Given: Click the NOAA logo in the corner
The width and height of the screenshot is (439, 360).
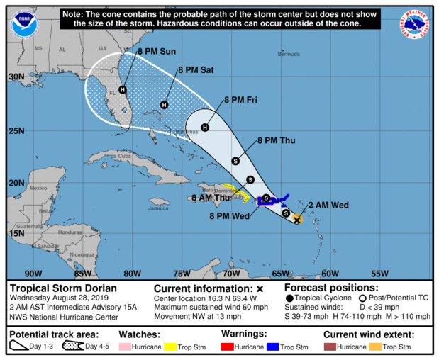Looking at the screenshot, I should tap(23, 25).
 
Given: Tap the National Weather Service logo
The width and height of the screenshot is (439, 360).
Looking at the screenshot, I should tap(416, 25).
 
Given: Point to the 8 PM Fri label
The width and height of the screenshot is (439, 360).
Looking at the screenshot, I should tap(240, 101).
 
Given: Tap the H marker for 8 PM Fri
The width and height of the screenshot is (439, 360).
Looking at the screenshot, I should tap(205, 128).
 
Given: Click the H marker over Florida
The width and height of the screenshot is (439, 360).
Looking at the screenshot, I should tap(123, 90).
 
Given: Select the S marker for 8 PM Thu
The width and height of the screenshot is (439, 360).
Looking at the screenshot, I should tap(235, 161).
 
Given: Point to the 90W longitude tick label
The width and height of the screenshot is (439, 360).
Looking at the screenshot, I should tap(33, 274).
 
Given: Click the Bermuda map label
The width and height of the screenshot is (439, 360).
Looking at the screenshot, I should tap(288, 54).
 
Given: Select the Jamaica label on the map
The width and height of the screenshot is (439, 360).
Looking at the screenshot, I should tap(159, 208).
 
